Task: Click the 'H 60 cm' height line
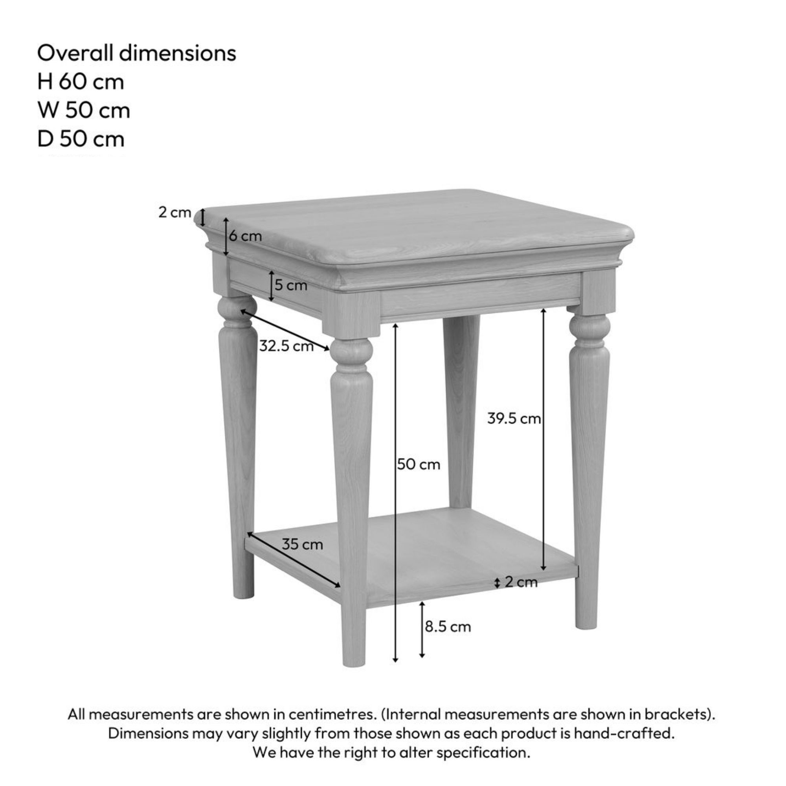(81, 82)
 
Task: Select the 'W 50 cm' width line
(84, 110)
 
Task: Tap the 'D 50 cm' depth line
(81, 139)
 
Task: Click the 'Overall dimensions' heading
(137, 53)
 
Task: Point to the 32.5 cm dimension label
(286, 346)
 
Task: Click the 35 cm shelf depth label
(302, 544)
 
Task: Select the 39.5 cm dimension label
(514, 418)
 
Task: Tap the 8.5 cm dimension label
(448, 627)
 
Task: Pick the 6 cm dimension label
(245, 236)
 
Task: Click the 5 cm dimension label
(291, 285)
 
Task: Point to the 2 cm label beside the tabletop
(174, 212)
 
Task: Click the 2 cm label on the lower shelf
(521, 582)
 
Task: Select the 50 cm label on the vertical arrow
(419, 464)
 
